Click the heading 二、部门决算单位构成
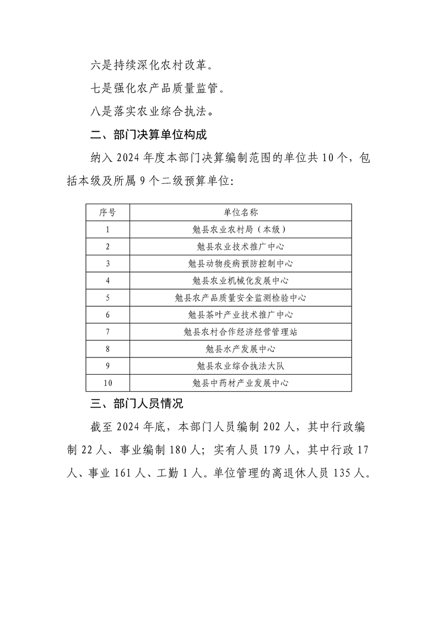click(148, 134)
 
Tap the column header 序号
click(107, 212)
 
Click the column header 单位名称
click(240, 212)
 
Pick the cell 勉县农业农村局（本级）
click(240, 230)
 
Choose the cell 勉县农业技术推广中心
click(240, 247)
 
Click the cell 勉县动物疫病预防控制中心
click(240, 264)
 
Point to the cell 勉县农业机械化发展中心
click(240, 281)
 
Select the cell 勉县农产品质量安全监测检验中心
click(240, 298)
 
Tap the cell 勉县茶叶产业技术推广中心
click(240, 315)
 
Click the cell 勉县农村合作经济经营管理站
click(240, 332)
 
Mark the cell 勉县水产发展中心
click(240, 349)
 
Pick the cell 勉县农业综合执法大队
click(240, 366)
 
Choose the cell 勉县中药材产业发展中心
click(240, 383)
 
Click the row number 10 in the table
click(107, 383)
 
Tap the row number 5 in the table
click(107, 298)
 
